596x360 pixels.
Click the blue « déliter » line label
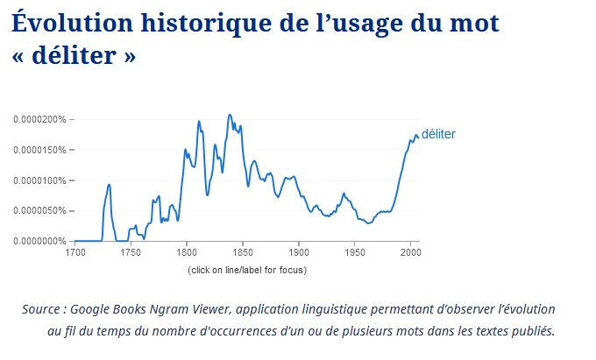point(438,134)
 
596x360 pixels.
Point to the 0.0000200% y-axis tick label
point(39,119)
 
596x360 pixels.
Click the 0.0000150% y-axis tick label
point(39,150)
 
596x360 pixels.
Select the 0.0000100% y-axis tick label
point(39,180)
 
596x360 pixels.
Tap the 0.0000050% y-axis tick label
point(39,210)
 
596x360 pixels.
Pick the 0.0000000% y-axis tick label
point(39,241)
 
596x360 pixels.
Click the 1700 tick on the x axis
point(74,252)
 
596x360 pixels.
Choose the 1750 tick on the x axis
point(131,252)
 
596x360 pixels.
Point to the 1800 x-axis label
point(187,252)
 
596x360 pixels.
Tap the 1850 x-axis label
point(243,252)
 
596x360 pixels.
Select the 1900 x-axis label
point(299,252)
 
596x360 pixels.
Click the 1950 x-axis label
point(355,252)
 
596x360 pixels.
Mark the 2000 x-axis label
point(411,252)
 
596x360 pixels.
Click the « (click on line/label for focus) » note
point(247,269)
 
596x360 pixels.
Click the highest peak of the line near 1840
point(230,115)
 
